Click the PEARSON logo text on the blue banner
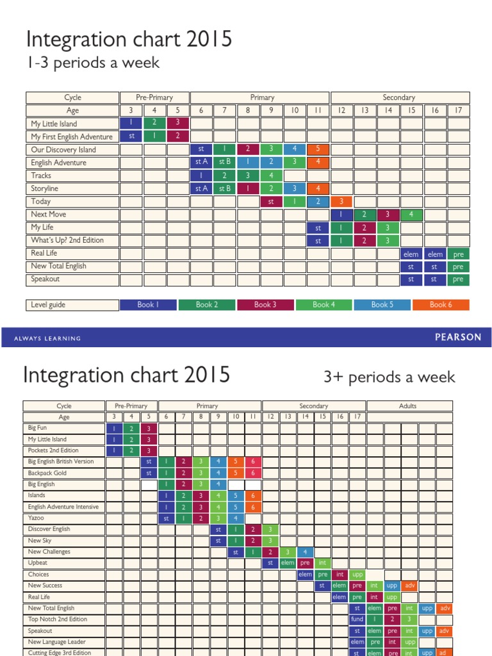[x=457, y=338]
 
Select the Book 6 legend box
[x=441, y=305]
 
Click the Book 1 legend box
[x=148, y=305]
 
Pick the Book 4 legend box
[x=324, y=305]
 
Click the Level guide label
[x=49, y=305]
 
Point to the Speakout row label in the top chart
[x=47, y=279]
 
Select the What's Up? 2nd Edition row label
[x=67, y=240]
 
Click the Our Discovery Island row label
[x=63, y=150]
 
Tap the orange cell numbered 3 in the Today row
[x=341, y=202]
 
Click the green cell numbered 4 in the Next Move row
[x=411, y=215]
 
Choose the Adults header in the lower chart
[x=408, y=406]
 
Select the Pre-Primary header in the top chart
[x=154, y=97]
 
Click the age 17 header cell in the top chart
[x=457, y=111]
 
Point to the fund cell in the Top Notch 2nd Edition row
[x=357, y=619]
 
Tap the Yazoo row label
[x=36, y=518]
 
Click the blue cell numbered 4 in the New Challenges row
[x=305, y=552]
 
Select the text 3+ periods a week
[x=389, y=377]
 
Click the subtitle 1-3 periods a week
[x=94, y=63]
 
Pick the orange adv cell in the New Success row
[x=409, y=586]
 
